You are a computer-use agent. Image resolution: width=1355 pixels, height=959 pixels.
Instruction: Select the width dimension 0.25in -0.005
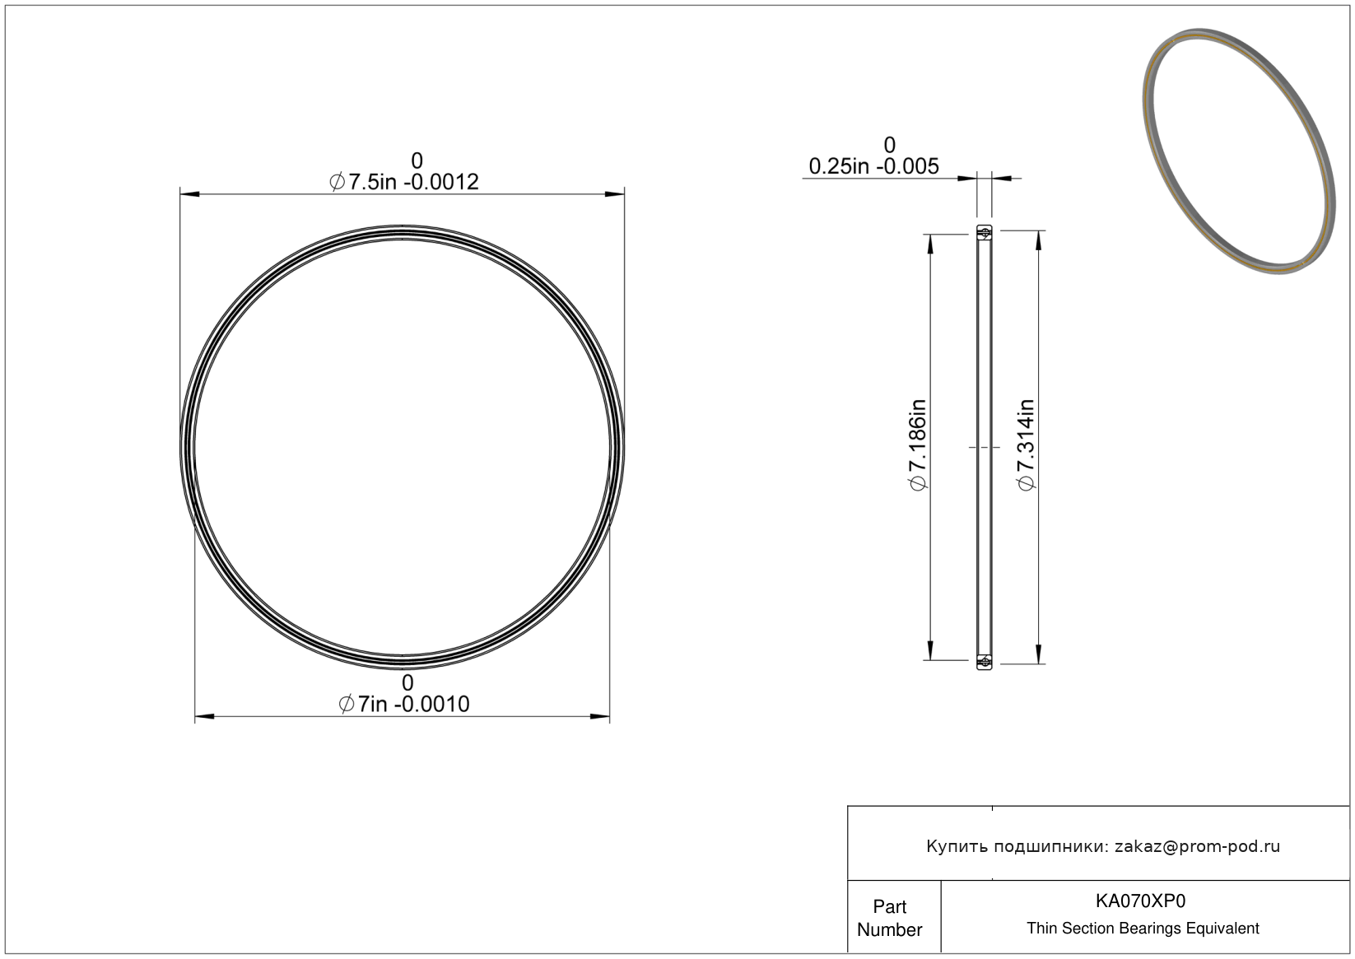tap(873, 165)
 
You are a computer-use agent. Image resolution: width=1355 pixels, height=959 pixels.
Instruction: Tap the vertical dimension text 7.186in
tap(918, 445)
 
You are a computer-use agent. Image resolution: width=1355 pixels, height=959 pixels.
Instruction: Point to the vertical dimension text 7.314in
tap(1026, 445)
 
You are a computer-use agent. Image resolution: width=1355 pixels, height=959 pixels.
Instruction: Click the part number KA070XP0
tap(1140, 901)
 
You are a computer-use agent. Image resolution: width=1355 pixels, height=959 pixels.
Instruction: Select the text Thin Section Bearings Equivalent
tap(1143, 928)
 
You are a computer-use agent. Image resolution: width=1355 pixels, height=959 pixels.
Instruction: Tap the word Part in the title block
tap(889, 906)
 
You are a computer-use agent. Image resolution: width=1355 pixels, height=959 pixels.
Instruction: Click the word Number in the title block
tap(889, 929)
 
